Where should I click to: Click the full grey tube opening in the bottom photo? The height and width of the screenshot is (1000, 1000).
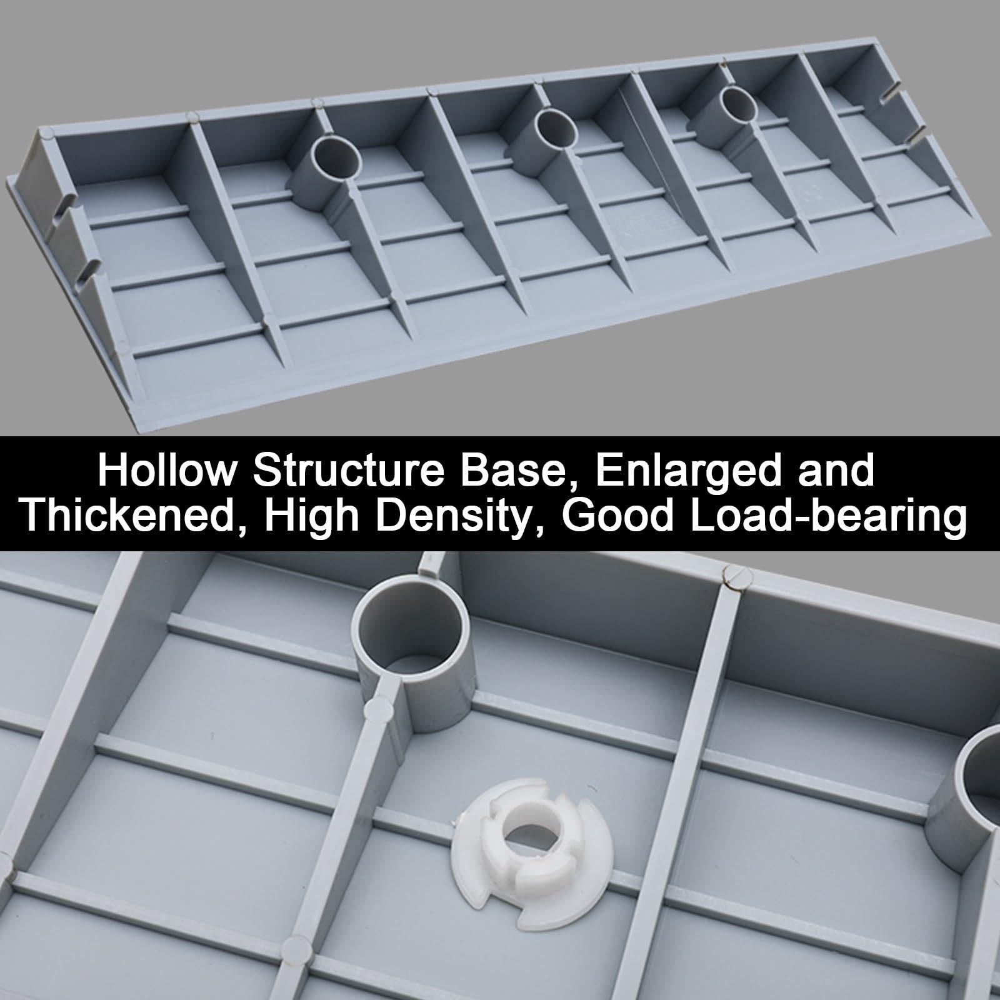[411, 628]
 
